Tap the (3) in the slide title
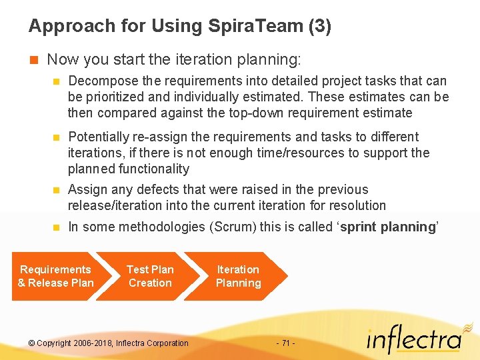pyautogui.click(x=320, y=27)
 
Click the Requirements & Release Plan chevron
pyautogui.click(x=55, y=276)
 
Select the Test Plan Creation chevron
pyautogui.click(x=150, y=276)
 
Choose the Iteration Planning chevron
pyautogui.click(x=237, y=276)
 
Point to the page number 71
pyautogui.click(x=285, y=343)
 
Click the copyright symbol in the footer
pyautogui.click(x=32, y=343)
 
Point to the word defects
pyautogui.click(x=161, y=190)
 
